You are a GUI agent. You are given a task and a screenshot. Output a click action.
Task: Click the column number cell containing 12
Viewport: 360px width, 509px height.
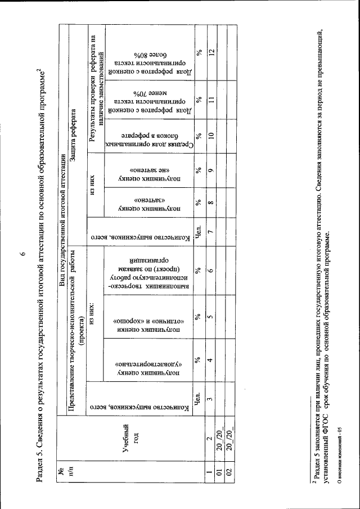(x=210, y=52)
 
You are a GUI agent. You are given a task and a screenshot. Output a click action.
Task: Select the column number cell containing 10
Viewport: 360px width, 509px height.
(x=210, y=135)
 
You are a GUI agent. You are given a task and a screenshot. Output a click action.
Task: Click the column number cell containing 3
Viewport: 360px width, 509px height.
(x=210, y=400)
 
